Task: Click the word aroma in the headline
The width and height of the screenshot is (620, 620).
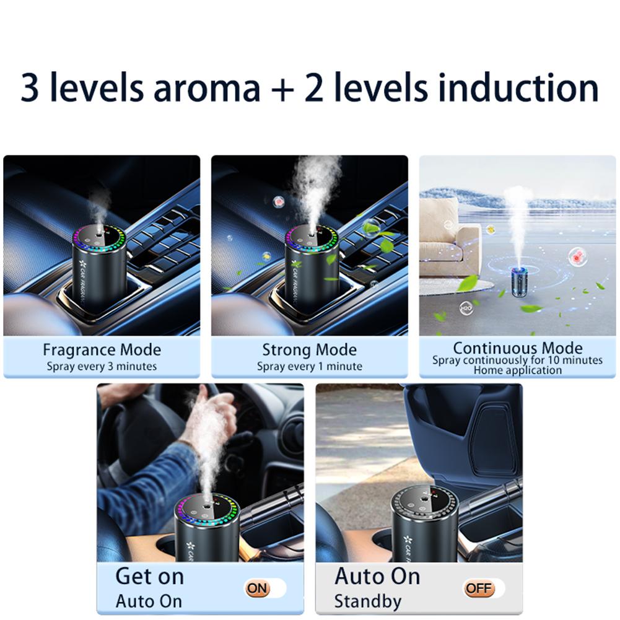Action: coord(207,88)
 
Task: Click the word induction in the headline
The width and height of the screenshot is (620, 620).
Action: coord(515,88)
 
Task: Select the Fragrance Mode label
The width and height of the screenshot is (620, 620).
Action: coord(102,350)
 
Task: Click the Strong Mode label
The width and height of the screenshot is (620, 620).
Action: coord(309,350)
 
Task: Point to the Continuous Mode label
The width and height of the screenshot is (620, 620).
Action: coord(518,347)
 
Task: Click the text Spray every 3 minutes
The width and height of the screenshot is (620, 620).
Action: coord(102,366)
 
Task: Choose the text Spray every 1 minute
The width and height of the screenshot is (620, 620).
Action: coord(309,366)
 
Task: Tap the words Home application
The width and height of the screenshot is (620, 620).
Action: coord(518,370)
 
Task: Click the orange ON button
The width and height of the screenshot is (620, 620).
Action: coord(258,588)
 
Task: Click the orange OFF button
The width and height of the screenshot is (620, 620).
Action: coord(479,588)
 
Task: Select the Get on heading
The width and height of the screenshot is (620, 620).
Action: coord(149,576)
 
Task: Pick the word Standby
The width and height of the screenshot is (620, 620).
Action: coord(367,601)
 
